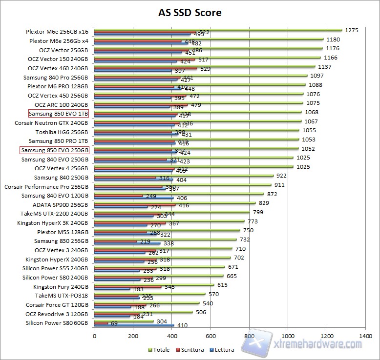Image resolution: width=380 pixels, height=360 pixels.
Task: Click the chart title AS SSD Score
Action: point(190,12)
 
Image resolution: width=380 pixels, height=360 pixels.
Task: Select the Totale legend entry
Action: point(160,350)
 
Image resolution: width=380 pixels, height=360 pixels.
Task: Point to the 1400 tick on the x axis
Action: point(364,336)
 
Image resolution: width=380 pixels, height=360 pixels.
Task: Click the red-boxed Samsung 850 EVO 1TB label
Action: point(58,114)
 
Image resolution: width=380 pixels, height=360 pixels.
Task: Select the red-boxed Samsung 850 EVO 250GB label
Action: point(55,150)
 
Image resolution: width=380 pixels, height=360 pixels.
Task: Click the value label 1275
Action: point(351,30)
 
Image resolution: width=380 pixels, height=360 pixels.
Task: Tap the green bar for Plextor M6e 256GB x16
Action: point(217,30)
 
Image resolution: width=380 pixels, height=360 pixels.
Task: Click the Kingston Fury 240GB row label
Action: point(61,287)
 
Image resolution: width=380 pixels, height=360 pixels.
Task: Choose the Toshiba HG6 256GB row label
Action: point(62,132)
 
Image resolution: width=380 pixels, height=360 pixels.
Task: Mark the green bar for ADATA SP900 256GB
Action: point(174,202)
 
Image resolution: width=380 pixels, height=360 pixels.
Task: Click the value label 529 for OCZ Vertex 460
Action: point(206,69)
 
